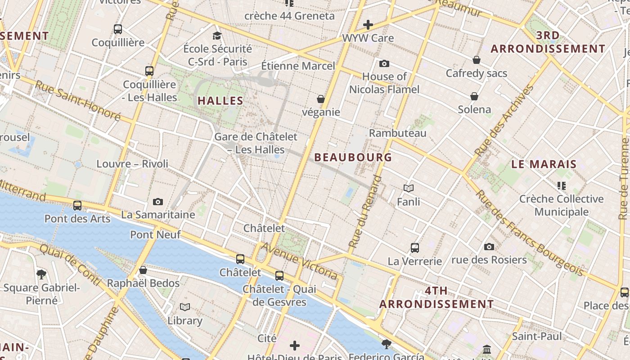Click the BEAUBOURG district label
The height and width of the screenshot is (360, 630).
(353, 157)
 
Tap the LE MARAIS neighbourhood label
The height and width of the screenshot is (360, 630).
(544, 164)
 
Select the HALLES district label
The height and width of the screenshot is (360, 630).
(220, 101)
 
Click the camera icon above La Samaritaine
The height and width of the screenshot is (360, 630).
(157, 202)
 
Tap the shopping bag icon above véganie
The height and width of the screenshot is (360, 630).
(321, 99)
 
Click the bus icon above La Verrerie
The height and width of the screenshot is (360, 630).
(414, 247)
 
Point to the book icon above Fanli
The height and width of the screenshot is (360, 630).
(409, 188)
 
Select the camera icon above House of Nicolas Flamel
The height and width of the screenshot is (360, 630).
(384, 63)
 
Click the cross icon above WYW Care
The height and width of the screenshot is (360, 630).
(368, 24)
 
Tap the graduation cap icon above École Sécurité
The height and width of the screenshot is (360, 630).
(217, 36)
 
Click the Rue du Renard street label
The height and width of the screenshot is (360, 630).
(365, 211)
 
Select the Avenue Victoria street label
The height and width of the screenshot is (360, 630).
(299, 260)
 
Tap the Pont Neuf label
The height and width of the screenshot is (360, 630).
(155, 234)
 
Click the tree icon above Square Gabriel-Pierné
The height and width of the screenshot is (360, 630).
(41, 274)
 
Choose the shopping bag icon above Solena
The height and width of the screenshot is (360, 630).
(474, 96)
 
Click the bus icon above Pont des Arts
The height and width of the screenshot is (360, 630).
(77, 206)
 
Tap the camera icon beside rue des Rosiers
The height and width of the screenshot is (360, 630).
(489, 247)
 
